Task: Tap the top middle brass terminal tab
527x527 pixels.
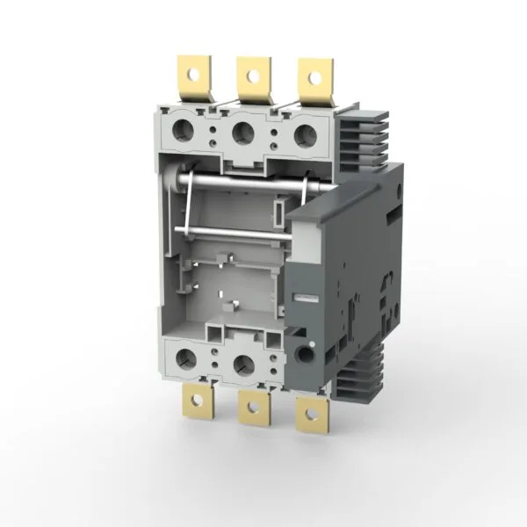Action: click(253, 79)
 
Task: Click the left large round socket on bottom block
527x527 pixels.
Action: click(185, 357)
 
